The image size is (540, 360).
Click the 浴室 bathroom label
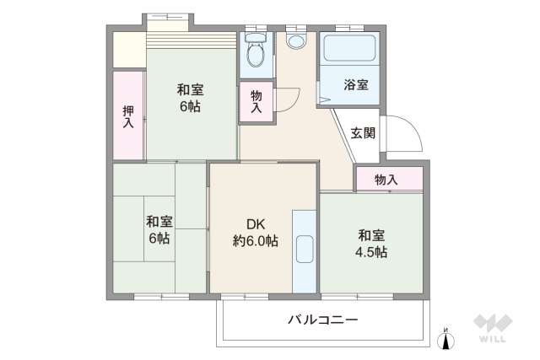(355, 84)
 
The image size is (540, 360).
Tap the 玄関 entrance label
(363, 132)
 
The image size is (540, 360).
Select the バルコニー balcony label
(322, 320)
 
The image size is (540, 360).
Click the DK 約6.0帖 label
(256, 232)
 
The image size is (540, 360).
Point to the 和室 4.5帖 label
(372, 243)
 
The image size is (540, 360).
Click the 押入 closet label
(128, 116)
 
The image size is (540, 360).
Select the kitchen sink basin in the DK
(304, 250)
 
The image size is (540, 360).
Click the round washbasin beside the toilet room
(296, 40)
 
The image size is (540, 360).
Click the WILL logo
(491, 328)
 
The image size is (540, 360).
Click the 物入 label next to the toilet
(256, 102)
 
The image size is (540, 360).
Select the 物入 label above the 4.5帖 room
(386, 180)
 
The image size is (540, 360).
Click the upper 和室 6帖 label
(189, 98)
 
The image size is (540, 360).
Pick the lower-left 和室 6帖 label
(159, 229)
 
